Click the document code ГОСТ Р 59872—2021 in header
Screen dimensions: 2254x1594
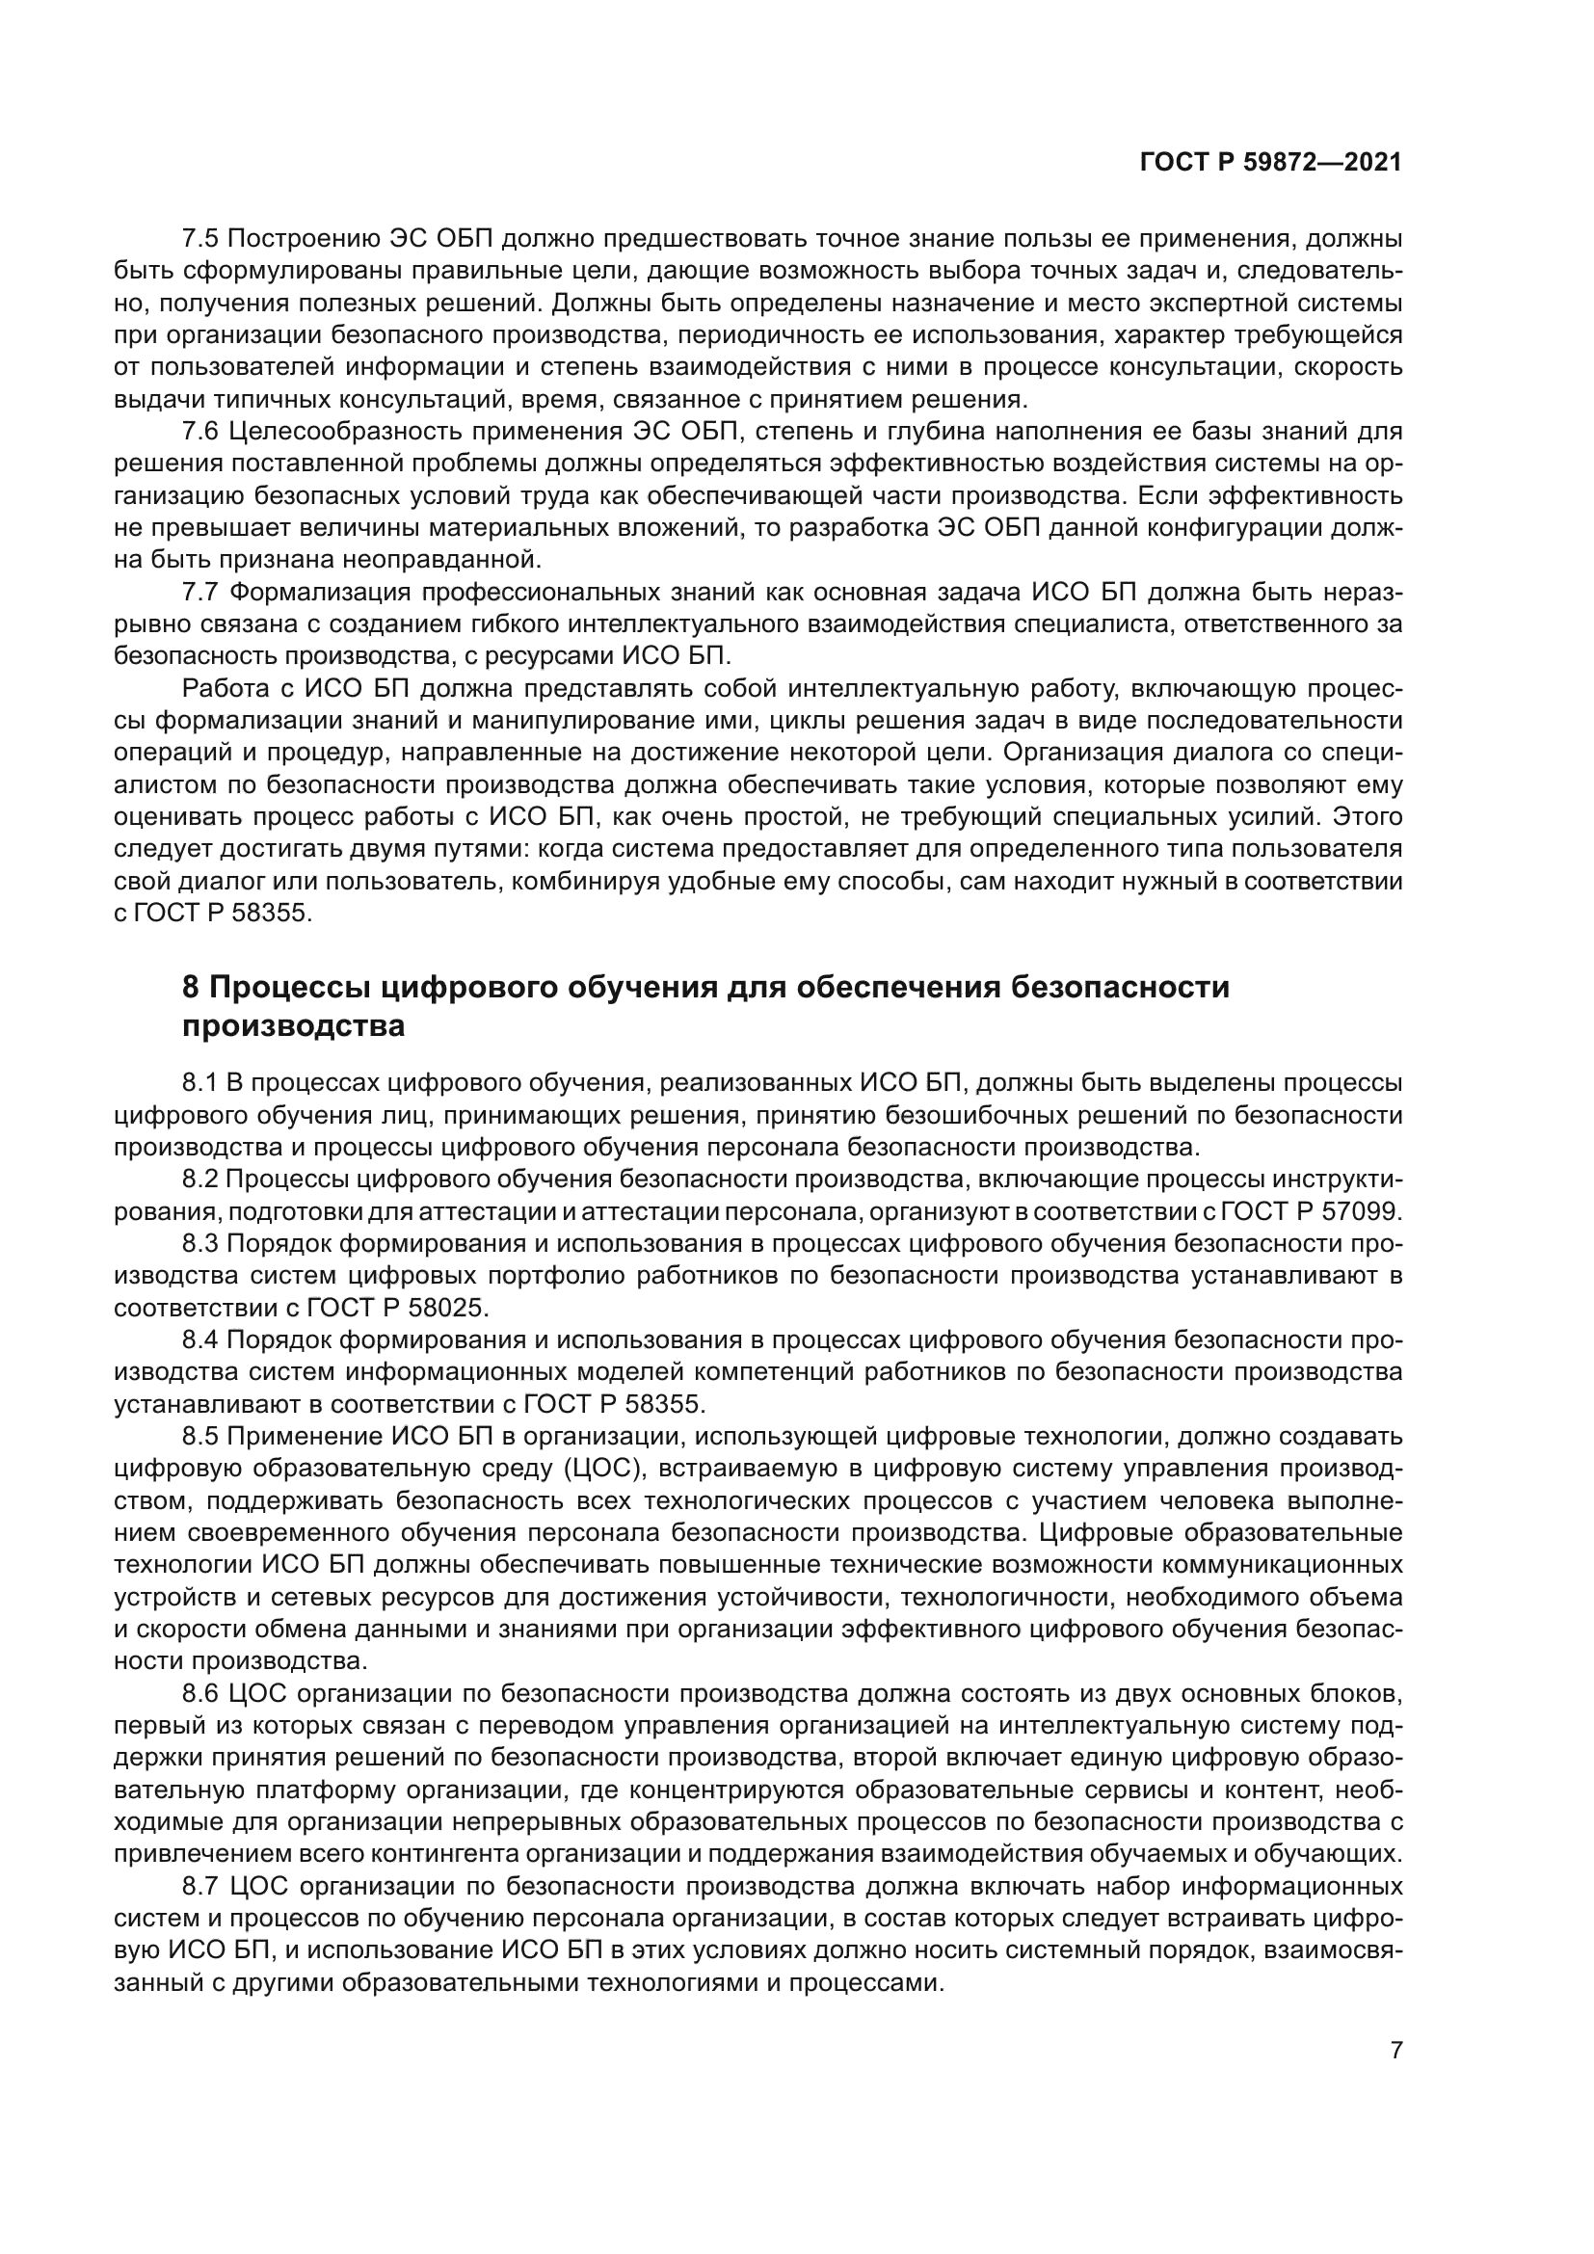1270,163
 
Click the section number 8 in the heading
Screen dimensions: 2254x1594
192,987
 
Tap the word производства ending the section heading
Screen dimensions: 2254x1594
294,1027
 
